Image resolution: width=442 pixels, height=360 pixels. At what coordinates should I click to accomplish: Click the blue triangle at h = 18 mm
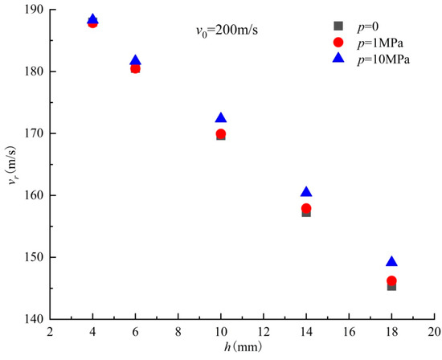coord(391,262)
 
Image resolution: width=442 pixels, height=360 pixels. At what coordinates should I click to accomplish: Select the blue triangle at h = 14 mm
coord(306,192)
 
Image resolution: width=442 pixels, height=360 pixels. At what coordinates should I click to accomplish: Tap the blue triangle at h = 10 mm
coord(221,118)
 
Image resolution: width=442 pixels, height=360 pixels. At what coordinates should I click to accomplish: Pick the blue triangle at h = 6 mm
coord(135,60)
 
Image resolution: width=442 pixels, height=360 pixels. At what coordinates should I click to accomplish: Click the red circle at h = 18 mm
coord(391,281)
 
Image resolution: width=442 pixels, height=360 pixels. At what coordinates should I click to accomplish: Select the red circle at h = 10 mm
coord(221,133)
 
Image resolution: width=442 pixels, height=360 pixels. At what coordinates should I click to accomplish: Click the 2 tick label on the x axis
coord(50,332)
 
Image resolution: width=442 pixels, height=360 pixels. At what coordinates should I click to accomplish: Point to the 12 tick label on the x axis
coord(264,332)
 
